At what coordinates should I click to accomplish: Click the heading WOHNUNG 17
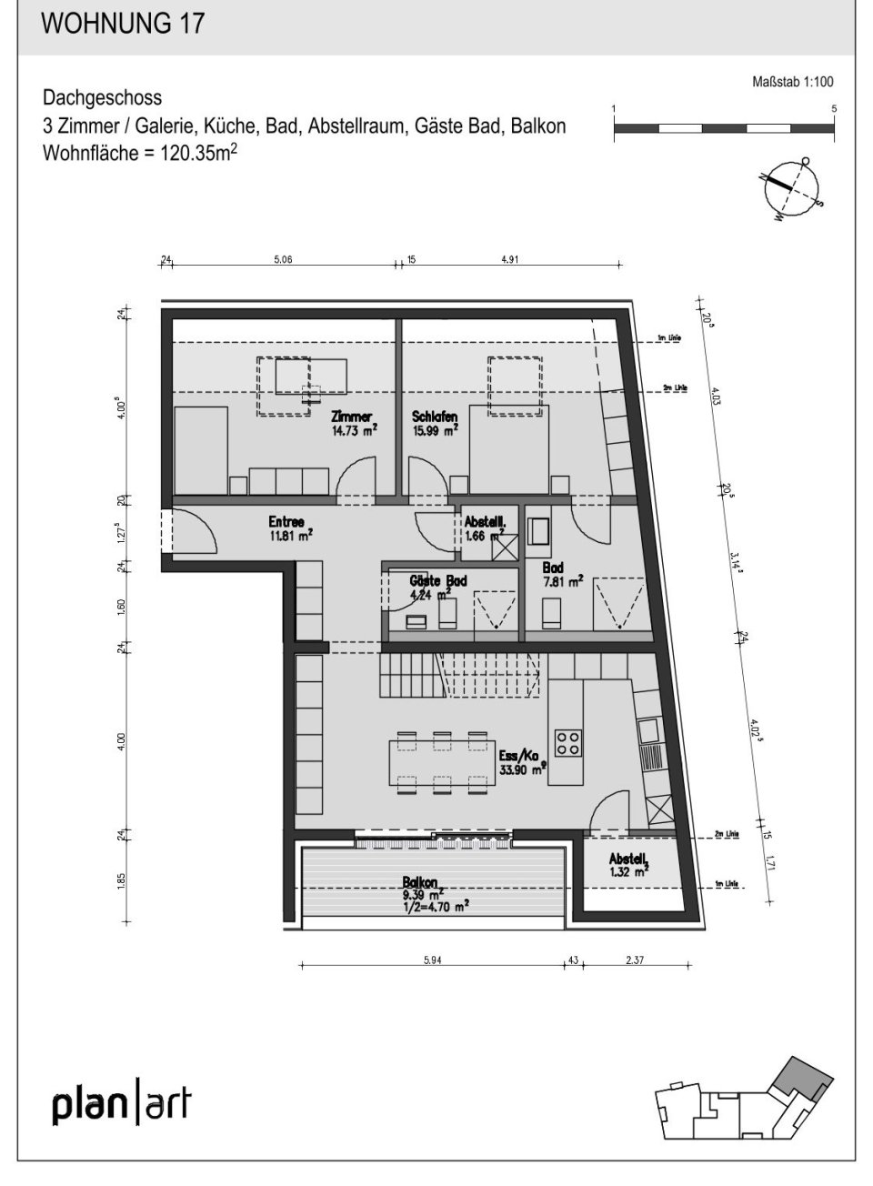tap(123, 24)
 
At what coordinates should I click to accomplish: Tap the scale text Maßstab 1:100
tap(793, 82)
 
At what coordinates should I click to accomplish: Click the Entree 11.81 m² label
tap(290, 528)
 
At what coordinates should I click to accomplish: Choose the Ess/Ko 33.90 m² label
tap(521, 760)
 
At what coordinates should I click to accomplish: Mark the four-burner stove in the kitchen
tap(569, 743)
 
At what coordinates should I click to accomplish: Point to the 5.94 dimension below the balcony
tap(431, 959)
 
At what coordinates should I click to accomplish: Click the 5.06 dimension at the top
tap(284, 260)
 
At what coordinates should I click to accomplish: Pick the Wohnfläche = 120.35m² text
tap(141, 152)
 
